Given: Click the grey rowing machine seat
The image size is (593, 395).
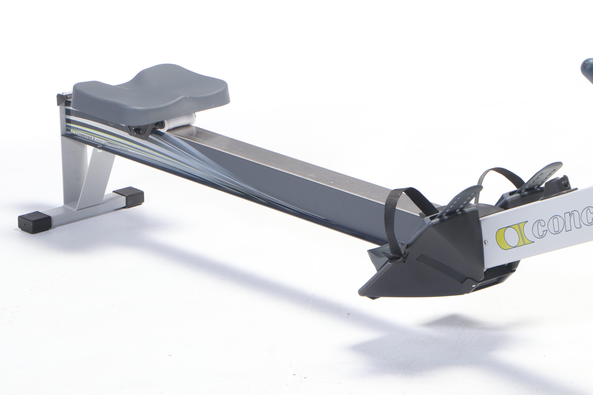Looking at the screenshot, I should click(x=151, y=93).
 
